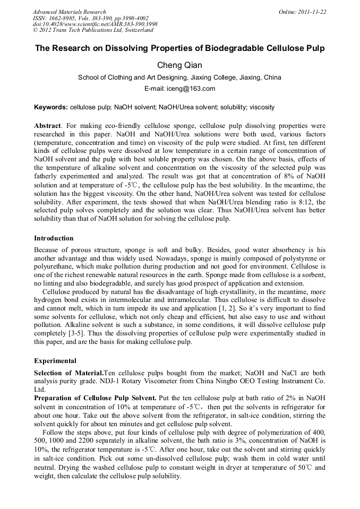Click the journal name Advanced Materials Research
(69, 12)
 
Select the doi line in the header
(95, 24)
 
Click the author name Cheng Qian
(179, 66)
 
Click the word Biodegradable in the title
(227, 48)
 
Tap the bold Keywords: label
(51, 107)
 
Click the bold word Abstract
(47, 126)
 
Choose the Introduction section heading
(54, 238)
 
